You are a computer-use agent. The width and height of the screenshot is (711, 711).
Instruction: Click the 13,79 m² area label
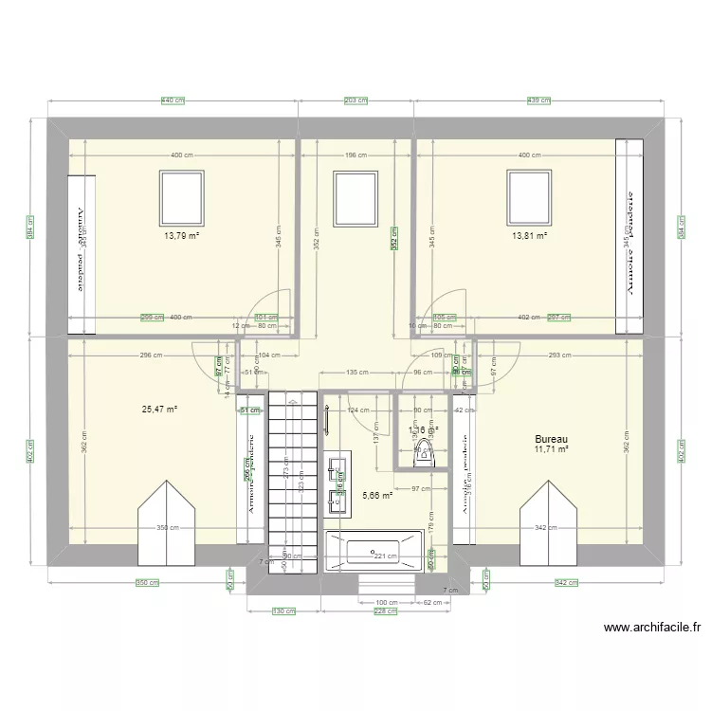click(x=181, y=236)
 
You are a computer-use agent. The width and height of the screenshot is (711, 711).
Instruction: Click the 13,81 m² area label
click(x=530, y=236)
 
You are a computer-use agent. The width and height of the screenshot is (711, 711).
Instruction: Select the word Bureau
click(x=551, y=440)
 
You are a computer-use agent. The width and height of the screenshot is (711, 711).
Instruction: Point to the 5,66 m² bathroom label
click(x=377, y=494)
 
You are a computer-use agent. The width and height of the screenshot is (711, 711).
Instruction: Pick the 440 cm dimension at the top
click(x=172, y=100)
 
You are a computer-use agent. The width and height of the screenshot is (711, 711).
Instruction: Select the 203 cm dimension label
click(x=355, y=100)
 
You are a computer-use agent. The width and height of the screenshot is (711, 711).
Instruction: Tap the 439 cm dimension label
click(x=538, y=100)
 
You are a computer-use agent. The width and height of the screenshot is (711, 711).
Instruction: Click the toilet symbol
click(x=423, y=456)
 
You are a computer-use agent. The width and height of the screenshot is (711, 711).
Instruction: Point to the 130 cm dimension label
click(x=278, y=611)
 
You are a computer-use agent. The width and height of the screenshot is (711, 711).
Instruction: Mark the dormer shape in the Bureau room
click(x=547, y=522)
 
